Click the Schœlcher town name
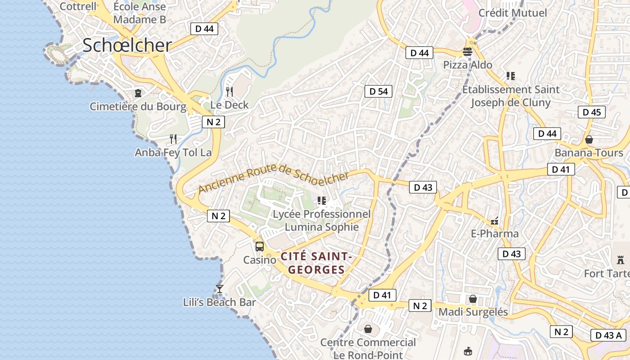127,45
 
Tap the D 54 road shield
378,91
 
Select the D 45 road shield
591,112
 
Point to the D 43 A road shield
608,335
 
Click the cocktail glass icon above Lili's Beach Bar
220,288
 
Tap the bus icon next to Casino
260,246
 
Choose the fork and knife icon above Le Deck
229,92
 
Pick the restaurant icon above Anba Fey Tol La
173,139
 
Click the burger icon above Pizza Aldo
468,52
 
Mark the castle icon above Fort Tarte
621,260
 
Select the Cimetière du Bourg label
138,107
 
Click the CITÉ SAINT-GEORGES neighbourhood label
316,263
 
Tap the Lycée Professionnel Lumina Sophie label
322,220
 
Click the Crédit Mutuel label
513,13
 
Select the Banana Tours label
589,153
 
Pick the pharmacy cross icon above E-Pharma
495,221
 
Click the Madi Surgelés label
473,312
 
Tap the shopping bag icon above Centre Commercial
368,329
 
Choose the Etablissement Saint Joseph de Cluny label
511,96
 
